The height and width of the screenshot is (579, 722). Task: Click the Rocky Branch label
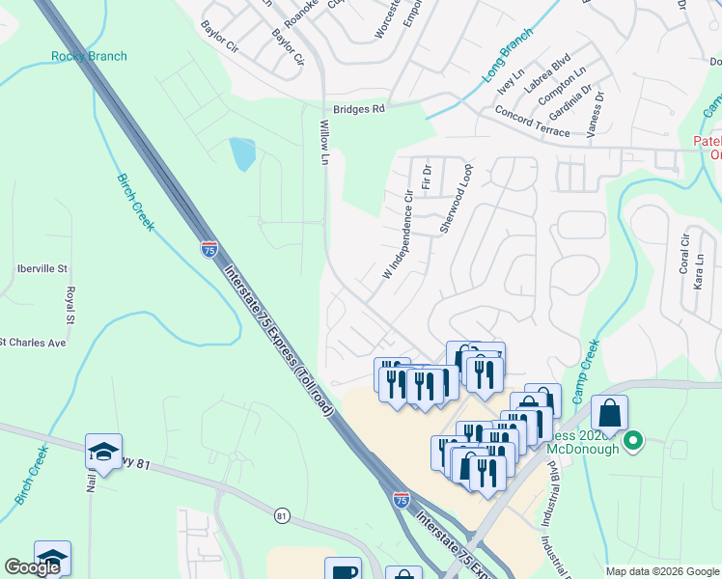coord(89,56)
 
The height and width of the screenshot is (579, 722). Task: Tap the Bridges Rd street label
coord(358,109)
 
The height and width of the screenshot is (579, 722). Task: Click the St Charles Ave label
coord(34,343)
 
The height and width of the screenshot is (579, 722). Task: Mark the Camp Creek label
coord(583,372)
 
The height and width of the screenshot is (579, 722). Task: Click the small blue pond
coord(241,153)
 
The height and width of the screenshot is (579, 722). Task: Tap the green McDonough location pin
coord(633,442)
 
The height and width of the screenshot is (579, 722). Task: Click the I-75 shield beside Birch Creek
coord(209,249)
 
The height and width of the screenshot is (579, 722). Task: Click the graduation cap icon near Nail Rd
coord(103,449)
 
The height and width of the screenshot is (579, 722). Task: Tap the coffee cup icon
coord(343,570)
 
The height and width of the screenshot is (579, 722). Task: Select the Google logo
coord(33,568)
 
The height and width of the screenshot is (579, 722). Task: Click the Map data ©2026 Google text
coord(661,571)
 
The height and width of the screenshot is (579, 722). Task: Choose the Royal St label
coord(69,306)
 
